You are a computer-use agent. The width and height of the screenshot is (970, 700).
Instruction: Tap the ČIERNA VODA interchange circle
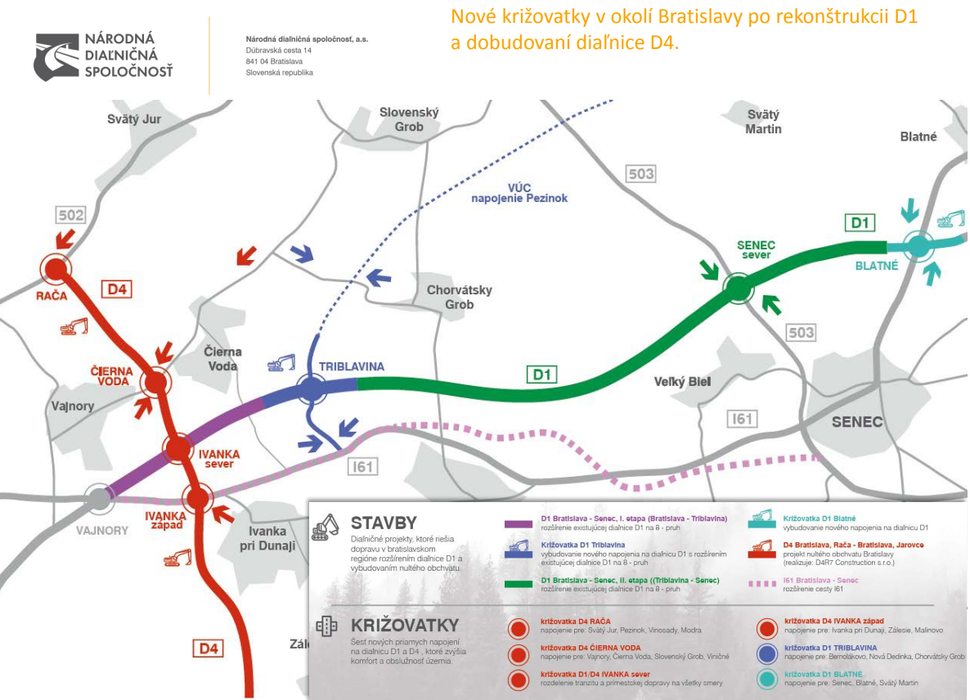[155, 381]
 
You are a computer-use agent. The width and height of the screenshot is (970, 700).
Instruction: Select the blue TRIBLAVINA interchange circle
[312, 388]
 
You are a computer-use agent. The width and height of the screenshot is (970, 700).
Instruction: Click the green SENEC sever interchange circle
[738, 287]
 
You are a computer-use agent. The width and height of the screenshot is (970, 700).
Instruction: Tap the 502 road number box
[71, 215]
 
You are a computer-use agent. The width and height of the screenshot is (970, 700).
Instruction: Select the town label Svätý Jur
[134, 119]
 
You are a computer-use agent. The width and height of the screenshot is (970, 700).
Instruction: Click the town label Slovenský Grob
[410, 119]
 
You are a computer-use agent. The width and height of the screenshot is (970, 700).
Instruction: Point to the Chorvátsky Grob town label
[459, 298]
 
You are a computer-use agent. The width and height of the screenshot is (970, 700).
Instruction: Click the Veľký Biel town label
[682, 382]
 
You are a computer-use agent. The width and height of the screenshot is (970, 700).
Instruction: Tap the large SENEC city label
[857, 422]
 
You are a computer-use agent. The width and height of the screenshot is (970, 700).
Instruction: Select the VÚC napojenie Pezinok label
[519, 192]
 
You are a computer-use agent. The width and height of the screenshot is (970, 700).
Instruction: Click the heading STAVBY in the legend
[384, 523]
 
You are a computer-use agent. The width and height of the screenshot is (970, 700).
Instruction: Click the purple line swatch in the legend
[518, 522]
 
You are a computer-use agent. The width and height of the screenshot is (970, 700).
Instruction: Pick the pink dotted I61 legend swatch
[761, 583]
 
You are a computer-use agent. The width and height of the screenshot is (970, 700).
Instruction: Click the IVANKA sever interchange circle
[177, 446]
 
